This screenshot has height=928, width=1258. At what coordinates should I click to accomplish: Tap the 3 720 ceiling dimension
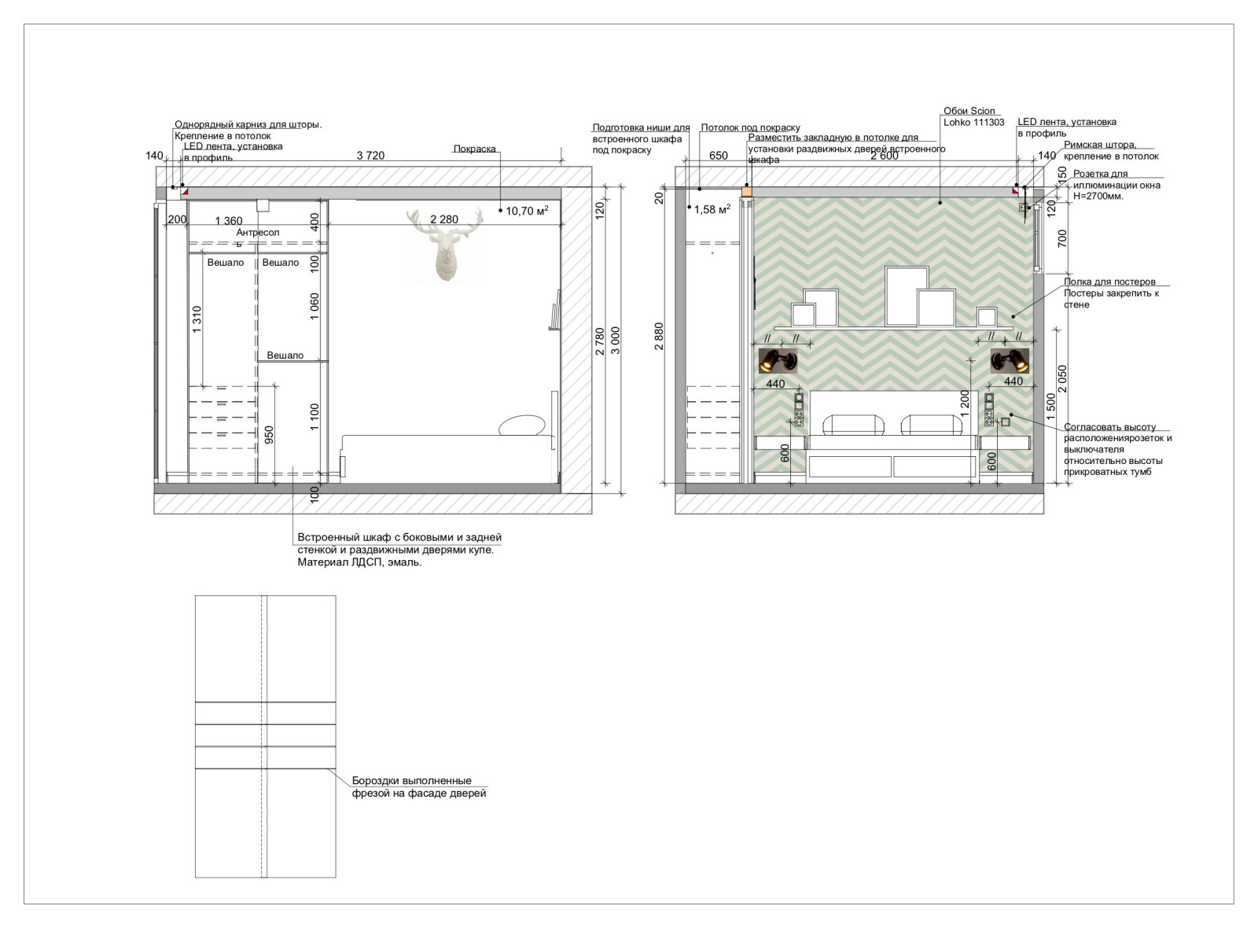click(x=370, y=156)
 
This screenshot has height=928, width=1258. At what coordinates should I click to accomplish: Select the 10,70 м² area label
click(x=527, y=211)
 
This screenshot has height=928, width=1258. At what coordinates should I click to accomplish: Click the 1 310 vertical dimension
click(x=197, y=319)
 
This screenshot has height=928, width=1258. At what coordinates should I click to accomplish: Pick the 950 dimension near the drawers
click(x=269, y=435)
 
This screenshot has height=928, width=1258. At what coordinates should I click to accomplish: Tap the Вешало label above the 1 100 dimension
click(x=285, y=355)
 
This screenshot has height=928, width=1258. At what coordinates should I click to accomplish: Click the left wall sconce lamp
click(x=778, y=361)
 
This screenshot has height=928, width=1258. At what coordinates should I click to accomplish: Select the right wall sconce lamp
click(x=1010, y=361)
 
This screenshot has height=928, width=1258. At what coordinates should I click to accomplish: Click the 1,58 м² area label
click(x=712, y=209)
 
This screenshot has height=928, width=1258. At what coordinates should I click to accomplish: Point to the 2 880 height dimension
click(x=659, y=336)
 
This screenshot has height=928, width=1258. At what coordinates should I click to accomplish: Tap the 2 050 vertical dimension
click(x=1062, y=378)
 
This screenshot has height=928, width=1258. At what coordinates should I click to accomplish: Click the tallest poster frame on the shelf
click(x=907, y=296)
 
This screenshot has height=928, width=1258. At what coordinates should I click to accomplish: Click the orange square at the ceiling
click(x=746, y=192)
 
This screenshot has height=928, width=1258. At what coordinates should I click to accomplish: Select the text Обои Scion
click(x=969, y=111)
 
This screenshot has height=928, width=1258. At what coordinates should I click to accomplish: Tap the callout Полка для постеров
click(x=1109, y=282)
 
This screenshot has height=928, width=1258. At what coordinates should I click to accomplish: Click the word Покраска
click(x=475, y=149)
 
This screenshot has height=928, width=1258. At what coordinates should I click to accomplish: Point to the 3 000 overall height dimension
click(x=616, y=341)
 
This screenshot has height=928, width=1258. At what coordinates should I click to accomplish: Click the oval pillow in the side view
click(x=522, y=425)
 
